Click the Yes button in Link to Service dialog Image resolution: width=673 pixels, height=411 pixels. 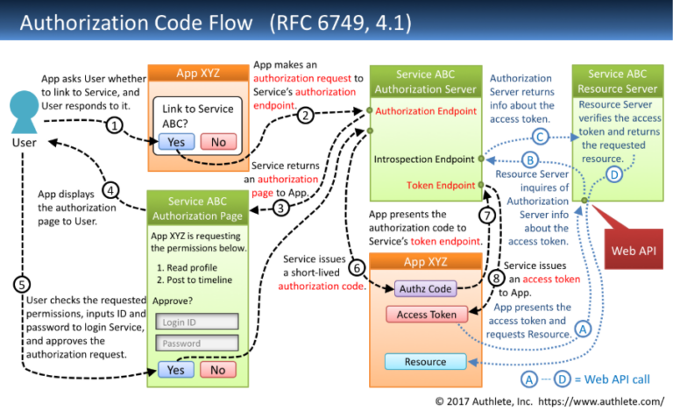point(176,142)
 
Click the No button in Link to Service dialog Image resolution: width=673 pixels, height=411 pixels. point(218,142)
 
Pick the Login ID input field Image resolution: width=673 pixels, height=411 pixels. point(196,322)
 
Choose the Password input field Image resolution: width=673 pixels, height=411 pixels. point(196,344)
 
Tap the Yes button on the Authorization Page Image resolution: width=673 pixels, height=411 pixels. point(176,370)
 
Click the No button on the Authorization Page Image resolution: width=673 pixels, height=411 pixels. point(218,370)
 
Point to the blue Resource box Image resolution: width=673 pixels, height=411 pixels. point(425,362)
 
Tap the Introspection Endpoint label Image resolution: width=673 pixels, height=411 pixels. point(424,159)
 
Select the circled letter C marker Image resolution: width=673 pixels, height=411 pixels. point(541,136)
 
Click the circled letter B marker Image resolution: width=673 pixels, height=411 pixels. point(529,159)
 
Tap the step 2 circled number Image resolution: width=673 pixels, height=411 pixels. point(305,115)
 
